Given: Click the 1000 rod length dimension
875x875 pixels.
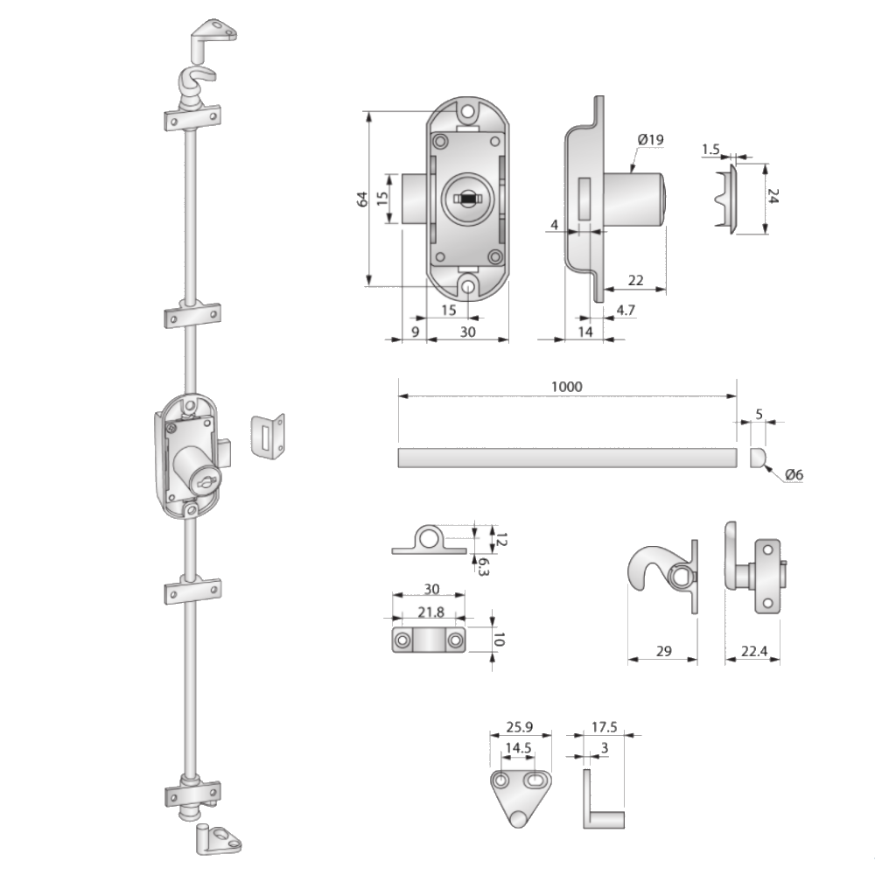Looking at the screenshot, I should [566, 386].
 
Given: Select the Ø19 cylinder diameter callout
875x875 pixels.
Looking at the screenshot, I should [651, 140].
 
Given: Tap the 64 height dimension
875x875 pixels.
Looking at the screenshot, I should [361, 199].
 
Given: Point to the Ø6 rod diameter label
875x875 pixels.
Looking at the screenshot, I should [794, 474].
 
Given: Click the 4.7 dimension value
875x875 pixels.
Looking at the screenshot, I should [626, 311].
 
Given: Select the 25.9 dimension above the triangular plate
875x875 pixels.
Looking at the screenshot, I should [519, 726].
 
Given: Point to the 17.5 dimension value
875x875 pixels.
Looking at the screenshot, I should [605, 726].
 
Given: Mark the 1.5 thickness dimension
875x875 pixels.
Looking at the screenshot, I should [710, 150].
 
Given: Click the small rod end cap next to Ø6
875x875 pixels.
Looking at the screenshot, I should [759, 458].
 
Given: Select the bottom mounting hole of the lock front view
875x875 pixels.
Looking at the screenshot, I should [468, 284].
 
